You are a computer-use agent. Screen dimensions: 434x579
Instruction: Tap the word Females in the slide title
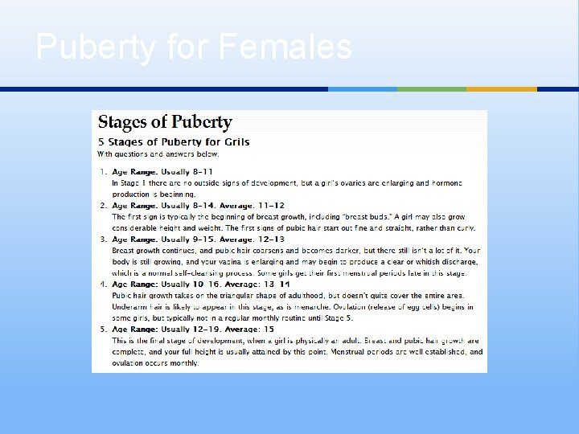[285, 47]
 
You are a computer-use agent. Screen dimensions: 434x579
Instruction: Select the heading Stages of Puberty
[165, 123]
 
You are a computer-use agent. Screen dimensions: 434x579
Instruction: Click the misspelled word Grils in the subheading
[233, 142]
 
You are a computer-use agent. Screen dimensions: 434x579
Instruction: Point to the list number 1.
[102, 172]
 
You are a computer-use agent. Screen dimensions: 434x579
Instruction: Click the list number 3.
[102, 240]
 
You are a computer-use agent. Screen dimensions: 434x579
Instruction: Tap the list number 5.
[102, 330]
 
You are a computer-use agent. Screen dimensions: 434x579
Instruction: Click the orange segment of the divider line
[501, 89]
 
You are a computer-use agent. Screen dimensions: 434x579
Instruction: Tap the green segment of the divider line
[432, 89]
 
